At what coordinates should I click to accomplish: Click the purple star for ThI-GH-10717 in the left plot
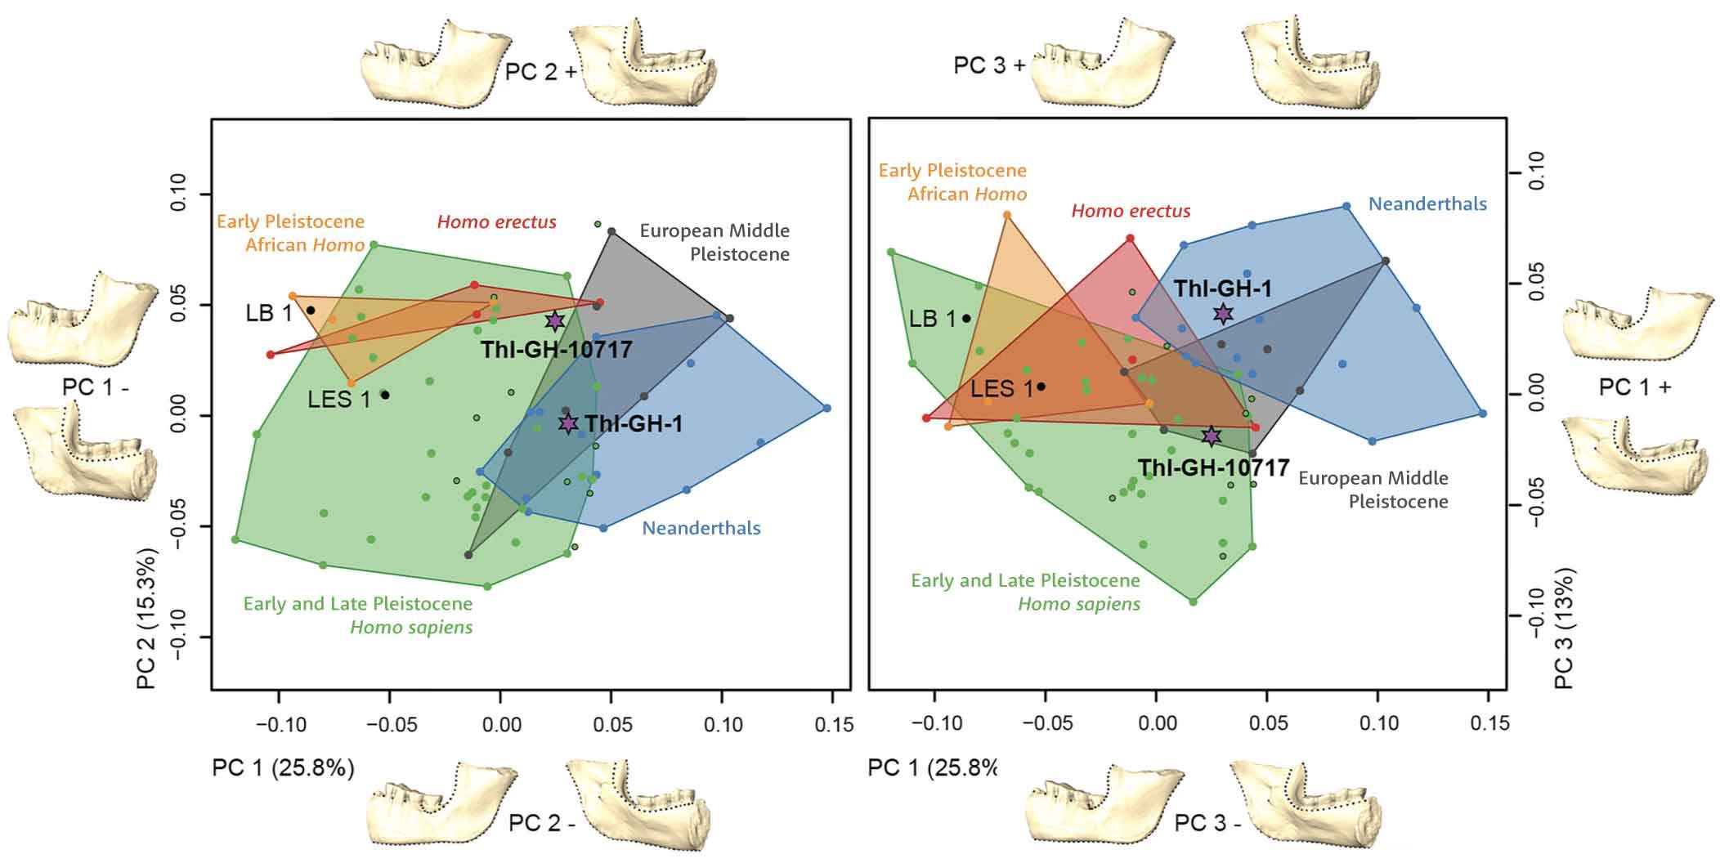555,321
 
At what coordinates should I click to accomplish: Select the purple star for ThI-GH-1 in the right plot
1223,313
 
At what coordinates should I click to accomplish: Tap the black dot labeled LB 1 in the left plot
311,311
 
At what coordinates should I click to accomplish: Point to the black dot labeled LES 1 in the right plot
1041,387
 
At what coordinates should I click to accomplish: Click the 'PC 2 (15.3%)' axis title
146,609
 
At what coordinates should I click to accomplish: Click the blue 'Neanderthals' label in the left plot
701,528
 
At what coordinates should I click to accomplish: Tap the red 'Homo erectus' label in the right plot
1131,211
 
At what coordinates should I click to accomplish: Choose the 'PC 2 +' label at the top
540,71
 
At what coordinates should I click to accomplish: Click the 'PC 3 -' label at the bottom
1207,823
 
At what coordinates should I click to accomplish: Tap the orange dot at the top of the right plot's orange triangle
1007,215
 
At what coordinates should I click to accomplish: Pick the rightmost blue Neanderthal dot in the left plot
827,408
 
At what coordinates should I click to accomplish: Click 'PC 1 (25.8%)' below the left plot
283,768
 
